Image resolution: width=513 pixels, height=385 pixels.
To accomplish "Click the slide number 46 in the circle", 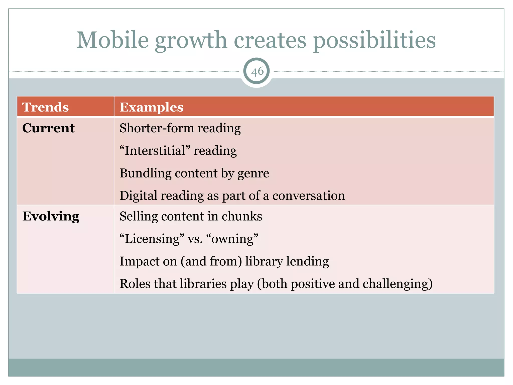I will pyautogui.click(x=257, y=72).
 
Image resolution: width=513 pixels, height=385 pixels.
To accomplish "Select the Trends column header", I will pyautogui.click(x=45, y=107).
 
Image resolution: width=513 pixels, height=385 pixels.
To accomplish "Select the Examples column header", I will pyautogui.click(x=151, y=107).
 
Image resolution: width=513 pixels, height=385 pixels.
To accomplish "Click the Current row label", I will pyautogui.click(x=48, y=128).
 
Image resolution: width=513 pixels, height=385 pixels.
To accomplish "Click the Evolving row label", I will pyautogui.click(x=51, y=216).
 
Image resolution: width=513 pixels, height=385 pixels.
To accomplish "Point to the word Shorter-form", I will pyautogui.click(x=156, y=128).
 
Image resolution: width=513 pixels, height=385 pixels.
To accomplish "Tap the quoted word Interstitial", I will pyautogui.click(x=155, y=151).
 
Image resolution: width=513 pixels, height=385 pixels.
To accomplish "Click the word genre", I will pyautogui.click(x=253, y=174).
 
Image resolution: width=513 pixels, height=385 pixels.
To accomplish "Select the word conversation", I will pyautogui.click(x=309, y=196).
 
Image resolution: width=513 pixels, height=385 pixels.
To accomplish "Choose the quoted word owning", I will pyautogui.click(x=232, y=239).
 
